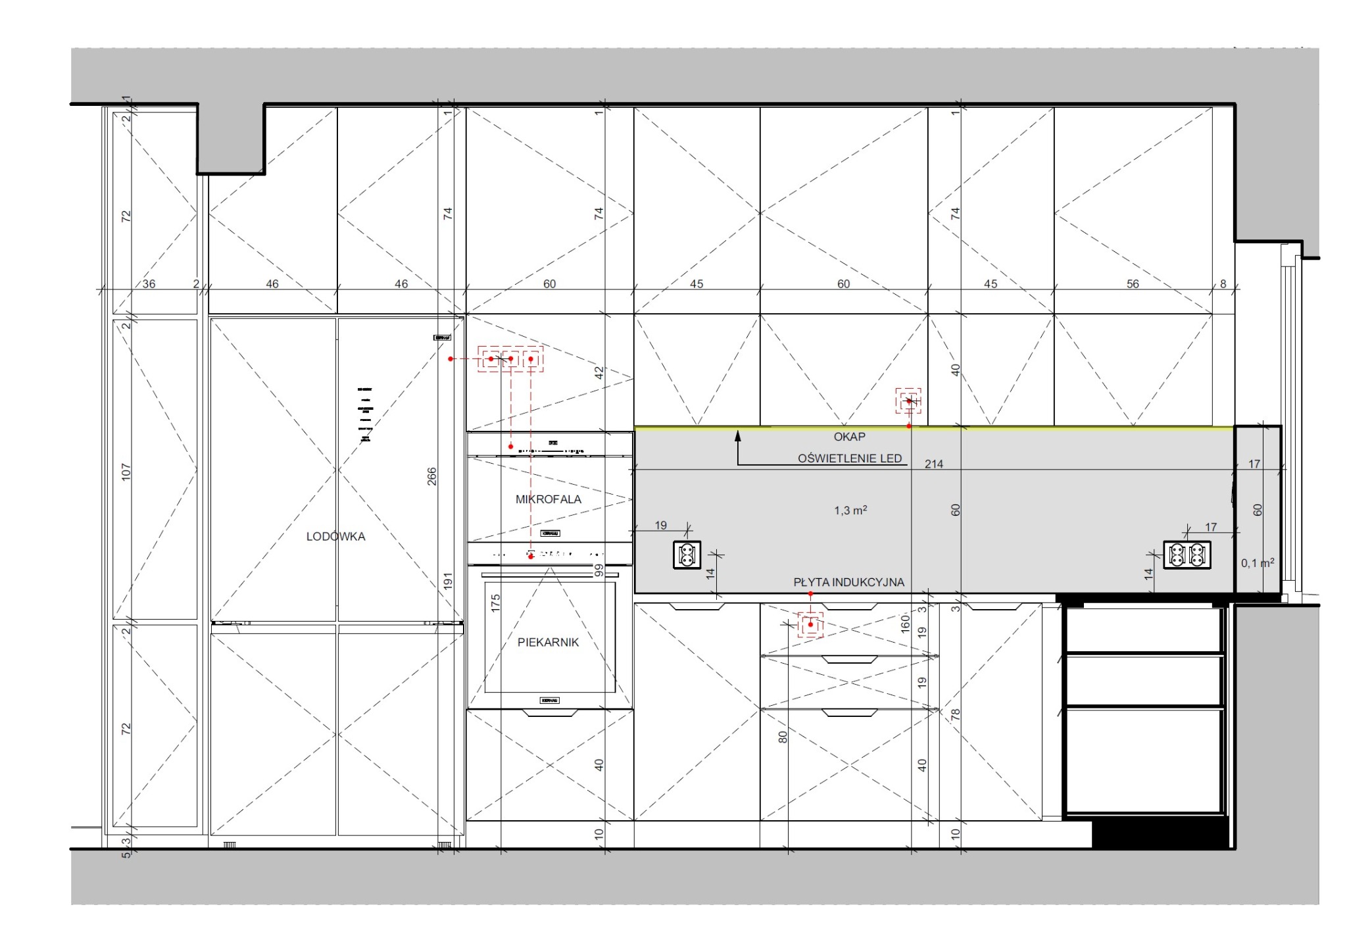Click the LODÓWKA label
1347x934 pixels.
click(x=335, y=537)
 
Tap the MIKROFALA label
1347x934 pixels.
click(x=549, y=499)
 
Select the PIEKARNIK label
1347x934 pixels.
click(x=548, y=643)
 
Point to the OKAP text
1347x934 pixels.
click(x=849, y=437)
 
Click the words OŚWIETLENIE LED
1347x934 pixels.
click(x=850, y=458)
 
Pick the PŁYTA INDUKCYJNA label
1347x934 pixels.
click(x=848, y=582)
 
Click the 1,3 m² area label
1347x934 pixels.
click(x=850, y=510)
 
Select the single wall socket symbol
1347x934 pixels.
click(x=687, y=554)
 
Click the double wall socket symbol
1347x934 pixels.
click(x=1187, y=554)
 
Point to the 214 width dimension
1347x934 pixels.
click(x=934, y=464)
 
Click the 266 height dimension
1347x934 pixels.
click(x=431, y=476)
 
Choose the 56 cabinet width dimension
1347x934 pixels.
click(x=1133, y=284)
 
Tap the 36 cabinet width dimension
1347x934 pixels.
click(x=149, y=284)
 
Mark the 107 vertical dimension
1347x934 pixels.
click(x=126, y=472)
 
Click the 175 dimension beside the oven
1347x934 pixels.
click(x=495, y=602)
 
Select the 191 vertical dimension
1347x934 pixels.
click(x=448, y=581)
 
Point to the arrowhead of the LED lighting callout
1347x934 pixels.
click(x=738, y=435)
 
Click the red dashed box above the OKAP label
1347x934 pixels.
click(x=908, y=401)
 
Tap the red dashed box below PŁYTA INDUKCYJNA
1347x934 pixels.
click(x=810, y=624)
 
